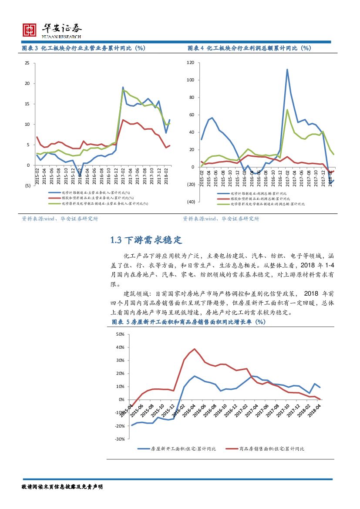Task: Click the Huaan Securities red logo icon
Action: pos(30,29)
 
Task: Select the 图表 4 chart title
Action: pos(249,48)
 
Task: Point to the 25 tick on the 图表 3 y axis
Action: pos(27,63)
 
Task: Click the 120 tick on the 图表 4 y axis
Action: pos(190,63)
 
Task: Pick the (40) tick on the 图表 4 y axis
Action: pos(190,202)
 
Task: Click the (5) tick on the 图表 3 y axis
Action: pos(27,185)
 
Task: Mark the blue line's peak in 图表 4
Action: pos(287,69)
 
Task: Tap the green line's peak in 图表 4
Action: pos(287,110)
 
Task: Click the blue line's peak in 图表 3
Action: pos(123,88)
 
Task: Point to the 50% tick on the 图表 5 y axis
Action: pos(120,334)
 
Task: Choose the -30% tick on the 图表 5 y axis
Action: pos(120,439)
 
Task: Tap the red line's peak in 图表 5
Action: pos(195,349)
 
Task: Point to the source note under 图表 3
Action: pos(60,219)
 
